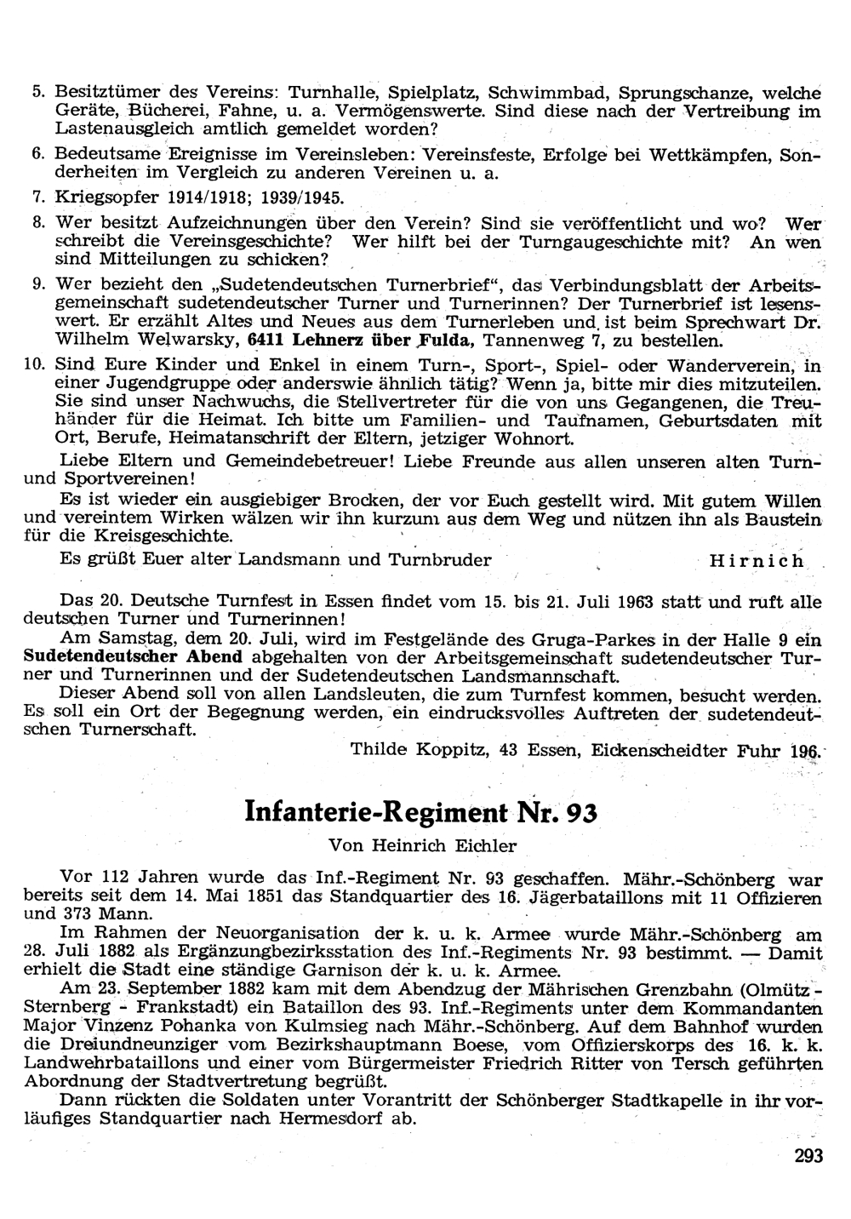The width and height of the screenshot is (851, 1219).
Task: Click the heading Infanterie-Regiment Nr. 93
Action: tap(420, 812)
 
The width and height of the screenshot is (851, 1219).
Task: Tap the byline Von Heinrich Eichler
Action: tap(422, 846)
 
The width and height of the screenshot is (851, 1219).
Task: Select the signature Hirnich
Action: tap(756, 561)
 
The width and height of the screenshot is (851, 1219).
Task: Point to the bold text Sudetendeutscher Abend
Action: tap(134, 657)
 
